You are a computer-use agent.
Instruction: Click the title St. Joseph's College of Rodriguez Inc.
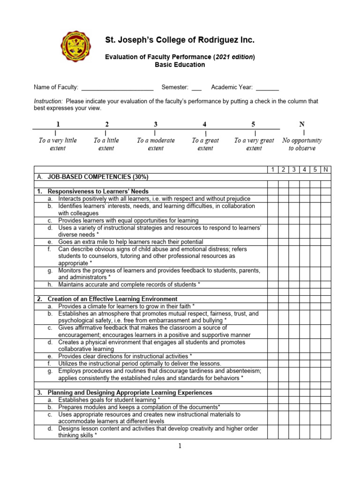coord(180,41)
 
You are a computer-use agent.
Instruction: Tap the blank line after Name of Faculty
coord(118,88)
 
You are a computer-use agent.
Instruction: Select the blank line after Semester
coord(196,88)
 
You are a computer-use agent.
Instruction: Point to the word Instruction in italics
coord(48,101)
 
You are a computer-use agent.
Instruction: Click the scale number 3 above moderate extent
coord(156,124)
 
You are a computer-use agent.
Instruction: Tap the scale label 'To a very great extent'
coord(254,144)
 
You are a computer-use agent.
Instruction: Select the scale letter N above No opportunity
coord(302,124)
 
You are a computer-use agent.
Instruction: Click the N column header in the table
coord(326,169)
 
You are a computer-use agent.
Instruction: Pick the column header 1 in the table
coord(272,169)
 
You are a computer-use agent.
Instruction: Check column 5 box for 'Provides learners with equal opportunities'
coord(315,220)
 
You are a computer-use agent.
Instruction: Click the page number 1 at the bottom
coord(180,446)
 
